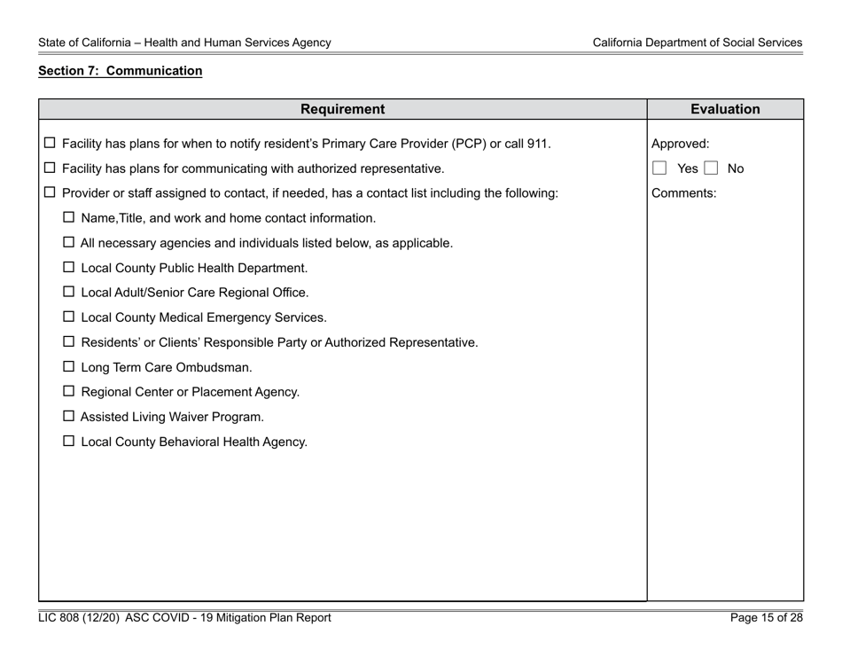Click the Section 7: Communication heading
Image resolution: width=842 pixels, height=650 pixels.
point(121,71)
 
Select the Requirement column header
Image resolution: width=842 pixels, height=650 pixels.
point(342,110)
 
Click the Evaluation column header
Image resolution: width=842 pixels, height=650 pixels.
point(725,110)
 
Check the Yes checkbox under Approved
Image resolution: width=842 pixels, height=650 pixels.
point(659,168)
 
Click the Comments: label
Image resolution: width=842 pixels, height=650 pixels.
point(678,192)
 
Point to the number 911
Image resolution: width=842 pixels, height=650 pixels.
point(537,144)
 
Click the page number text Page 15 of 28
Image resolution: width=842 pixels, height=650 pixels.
point(766,618)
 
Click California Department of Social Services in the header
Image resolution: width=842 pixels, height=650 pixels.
point(698,43)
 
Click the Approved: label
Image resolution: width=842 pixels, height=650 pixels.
point(680,144)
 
